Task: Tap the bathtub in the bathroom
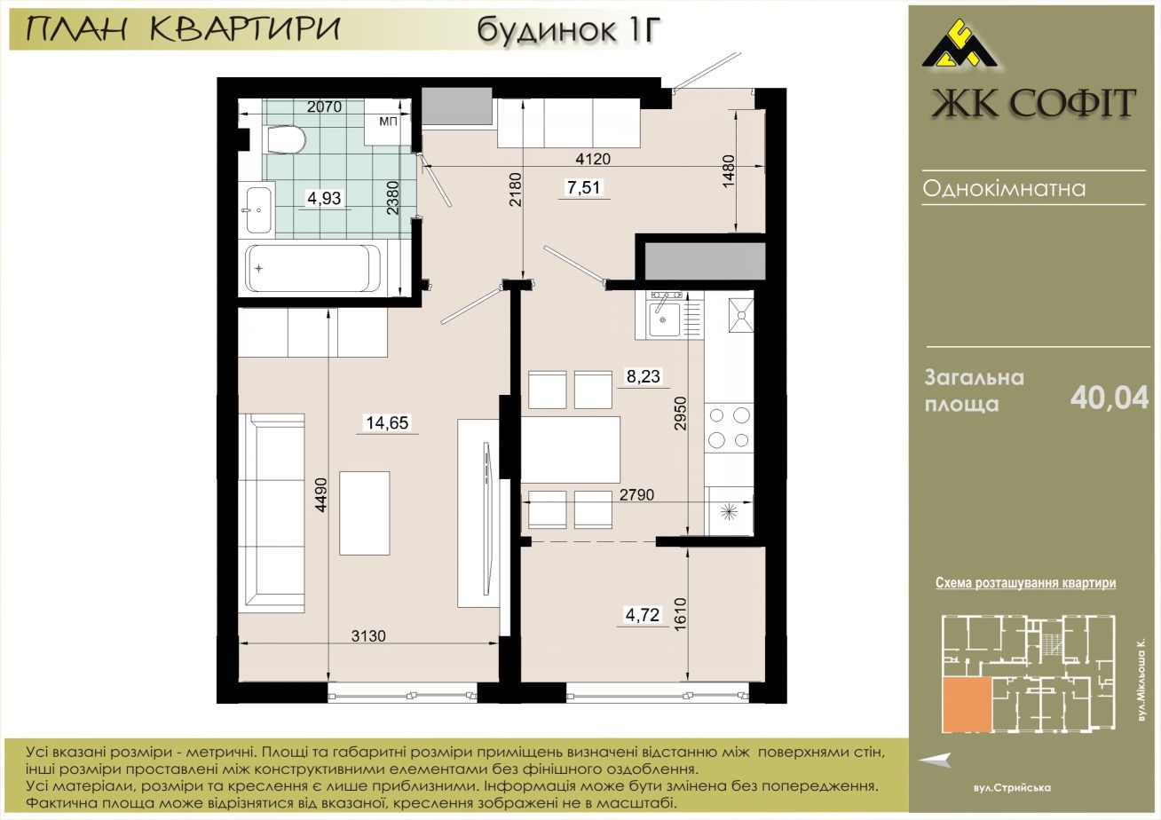point(314,269)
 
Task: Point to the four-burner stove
point(730,428)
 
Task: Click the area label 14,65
point(388,423)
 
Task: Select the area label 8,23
point(644,376)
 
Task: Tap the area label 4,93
point(325,198)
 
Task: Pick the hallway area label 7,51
point(585,187)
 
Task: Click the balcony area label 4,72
point(643,615)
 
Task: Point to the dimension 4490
point(322,495)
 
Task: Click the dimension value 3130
point(368,635)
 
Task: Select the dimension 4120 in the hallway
point(593,159)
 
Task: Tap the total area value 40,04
point(1110,398)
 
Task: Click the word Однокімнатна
point(1004,188)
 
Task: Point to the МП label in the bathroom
point(388,121)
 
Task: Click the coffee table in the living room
point(365,513)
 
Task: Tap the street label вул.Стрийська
point(1012,788)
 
